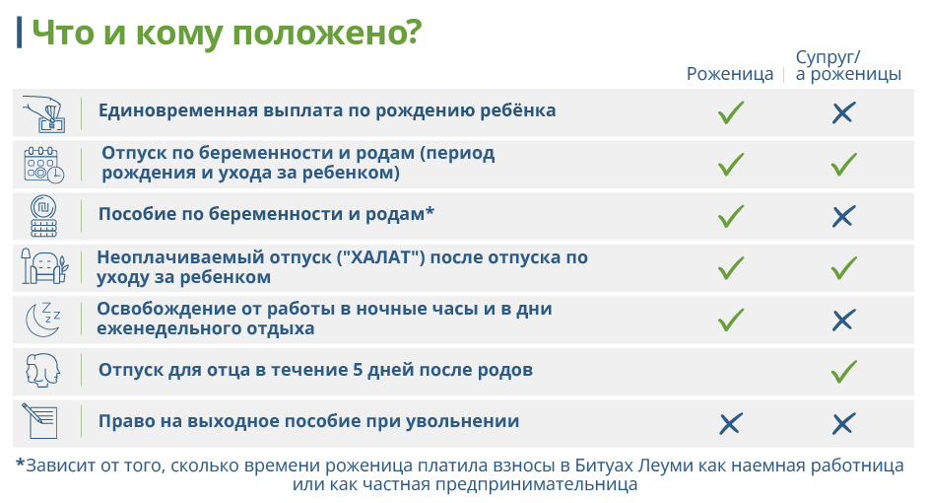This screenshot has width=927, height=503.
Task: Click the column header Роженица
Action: tap(730, 74)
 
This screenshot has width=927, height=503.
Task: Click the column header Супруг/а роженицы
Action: tap(848, 65)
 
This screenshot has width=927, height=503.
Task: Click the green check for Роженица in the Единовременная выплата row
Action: tap(731, 112)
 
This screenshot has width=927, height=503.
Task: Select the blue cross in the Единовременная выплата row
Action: tap(843, 112)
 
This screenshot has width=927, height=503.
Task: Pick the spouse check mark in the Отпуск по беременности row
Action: tap(843, 164)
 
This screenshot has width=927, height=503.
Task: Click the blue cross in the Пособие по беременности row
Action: tap(843, 216)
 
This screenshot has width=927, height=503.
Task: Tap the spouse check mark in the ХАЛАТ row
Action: tap(843, 267)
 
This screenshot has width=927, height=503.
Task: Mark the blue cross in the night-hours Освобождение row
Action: tap(843, 321)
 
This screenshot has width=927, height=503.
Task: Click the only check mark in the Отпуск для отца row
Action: tap(843, 372)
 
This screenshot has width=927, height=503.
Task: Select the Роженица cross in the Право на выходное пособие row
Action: tap(730, 424)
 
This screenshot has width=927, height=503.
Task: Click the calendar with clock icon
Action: tap(43, 165)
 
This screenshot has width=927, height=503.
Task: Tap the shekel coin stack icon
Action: tap(43, 216)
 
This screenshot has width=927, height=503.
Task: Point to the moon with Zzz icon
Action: tap(42, 320)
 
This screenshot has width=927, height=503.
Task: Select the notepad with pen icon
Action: tap(40, 421)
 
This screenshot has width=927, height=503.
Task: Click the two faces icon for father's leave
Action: tap(43, 371)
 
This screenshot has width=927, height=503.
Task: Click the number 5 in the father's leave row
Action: tap(358, 370)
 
